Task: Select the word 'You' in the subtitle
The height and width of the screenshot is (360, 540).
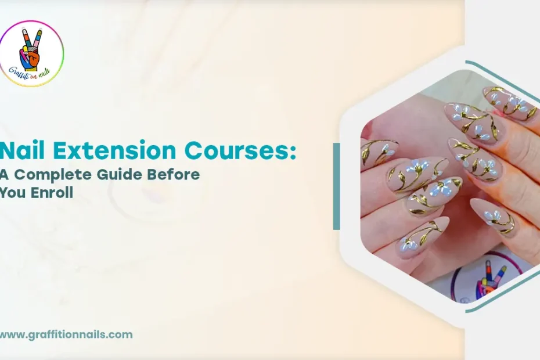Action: click(x=12, y=193)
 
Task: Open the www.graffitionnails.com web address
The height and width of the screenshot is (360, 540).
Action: click(x=66, y=334)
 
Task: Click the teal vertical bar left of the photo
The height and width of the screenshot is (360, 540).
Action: click(x=336, y=186)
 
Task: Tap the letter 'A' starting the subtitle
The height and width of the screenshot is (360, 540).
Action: click(x=5, y=175)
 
